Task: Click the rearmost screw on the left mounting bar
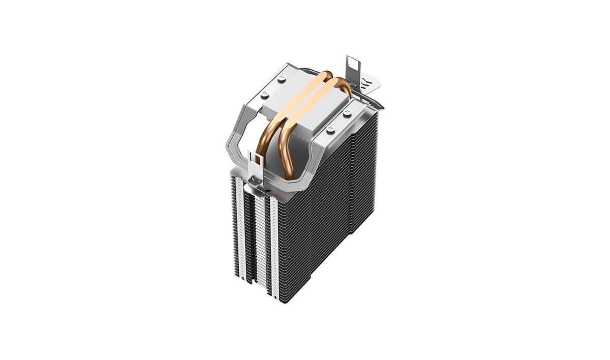click(282, 78)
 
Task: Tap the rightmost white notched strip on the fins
click(274, 249)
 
